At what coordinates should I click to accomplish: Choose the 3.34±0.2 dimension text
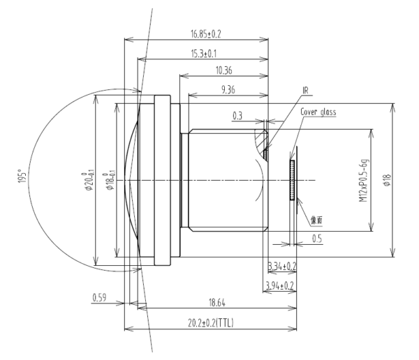(281, 267)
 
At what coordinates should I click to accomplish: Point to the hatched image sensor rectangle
(293, 179)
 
